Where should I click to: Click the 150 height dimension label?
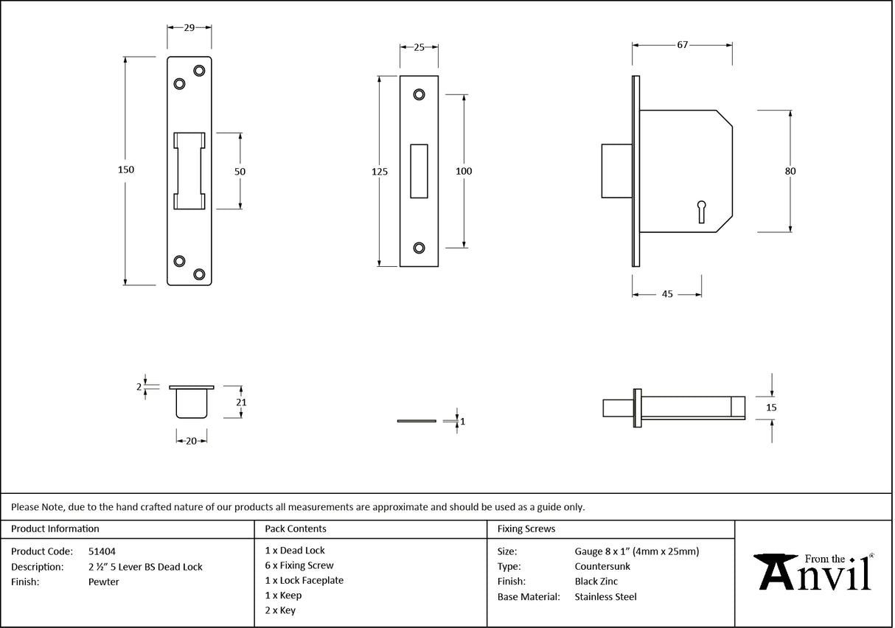coord(126,170)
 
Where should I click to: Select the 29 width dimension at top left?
coord(189,27)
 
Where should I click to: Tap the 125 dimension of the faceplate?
coord(380,172)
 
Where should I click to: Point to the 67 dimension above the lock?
coord(682,45)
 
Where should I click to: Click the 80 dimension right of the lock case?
coord(790,171)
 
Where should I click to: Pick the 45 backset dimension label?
coord(666,294)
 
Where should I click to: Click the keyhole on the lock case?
coord(701,211)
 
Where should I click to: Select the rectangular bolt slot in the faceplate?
coord(419,171)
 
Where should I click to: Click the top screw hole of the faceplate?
coord(419,94)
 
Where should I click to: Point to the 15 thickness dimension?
coord(772,407)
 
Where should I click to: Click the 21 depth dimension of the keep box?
coord(241,402)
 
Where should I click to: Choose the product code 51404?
coord(102,551)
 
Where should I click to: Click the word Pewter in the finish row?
coord(103,582)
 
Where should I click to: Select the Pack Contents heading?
coord(296,528)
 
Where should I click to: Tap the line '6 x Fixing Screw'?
coord(299,565)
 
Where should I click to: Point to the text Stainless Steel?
coord(605,597)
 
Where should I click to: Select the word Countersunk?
coord(602,566)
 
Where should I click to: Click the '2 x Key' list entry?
coord(280,610)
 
